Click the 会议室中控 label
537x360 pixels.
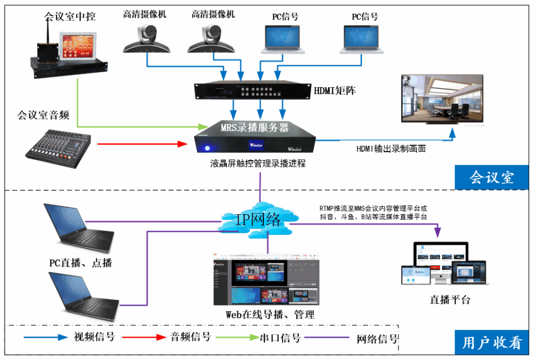point(70,17)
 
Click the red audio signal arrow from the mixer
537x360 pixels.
point(142,143)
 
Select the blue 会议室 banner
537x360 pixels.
point(491,177)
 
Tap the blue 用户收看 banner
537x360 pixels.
point(491,343)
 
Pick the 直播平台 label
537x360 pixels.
point(450,300)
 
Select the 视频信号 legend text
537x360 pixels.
point(94,337)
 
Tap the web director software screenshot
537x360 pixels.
point(266,279)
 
